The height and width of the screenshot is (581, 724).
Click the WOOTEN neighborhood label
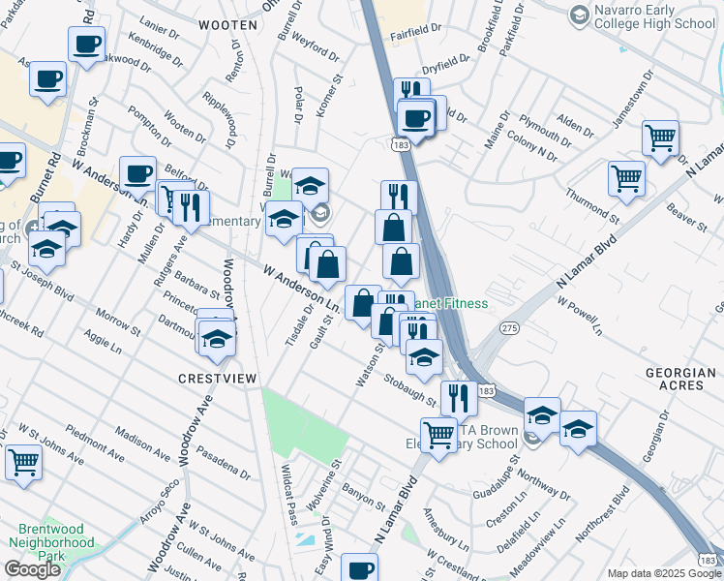227,25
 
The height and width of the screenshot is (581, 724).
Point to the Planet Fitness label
452,303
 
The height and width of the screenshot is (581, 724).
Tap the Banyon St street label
364,501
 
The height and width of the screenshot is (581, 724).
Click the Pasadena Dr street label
224,462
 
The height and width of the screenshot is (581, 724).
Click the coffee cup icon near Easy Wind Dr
360,566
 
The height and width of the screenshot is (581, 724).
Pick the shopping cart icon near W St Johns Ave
23,461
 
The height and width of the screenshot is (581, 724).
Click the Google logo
32,569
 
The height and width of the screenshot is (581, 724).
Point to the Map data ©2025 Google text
664,573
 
